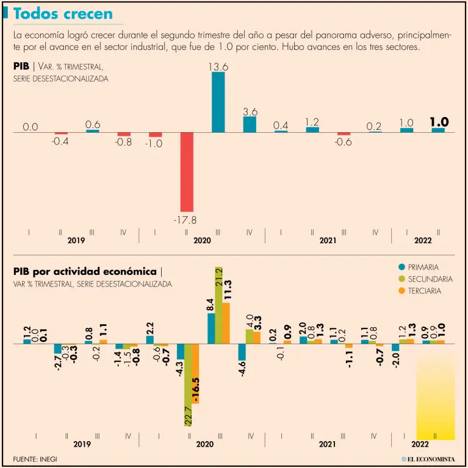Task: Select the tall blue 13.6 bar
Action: coord(218,104)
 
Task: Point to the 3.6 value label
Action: coord(250,112)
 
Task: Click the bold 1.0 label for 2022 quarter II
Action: coord(439,122)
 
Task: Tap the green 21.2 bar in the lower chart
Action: coord(218,311)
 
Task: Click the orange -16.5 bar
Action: coord(195,373)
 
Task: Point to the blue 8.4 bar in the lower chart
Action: coord(211,329)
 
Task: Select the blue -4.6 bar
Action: coord(242,352)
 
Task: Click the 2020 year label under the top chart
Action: coord(203,241)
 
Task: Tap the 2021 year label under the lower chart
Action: coord(328,445)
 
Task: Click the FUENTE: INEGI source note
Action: coord(35,458)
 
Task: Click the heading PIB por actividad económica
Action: coord(85,272)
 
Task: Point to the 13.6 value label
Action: coord(218,68)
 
